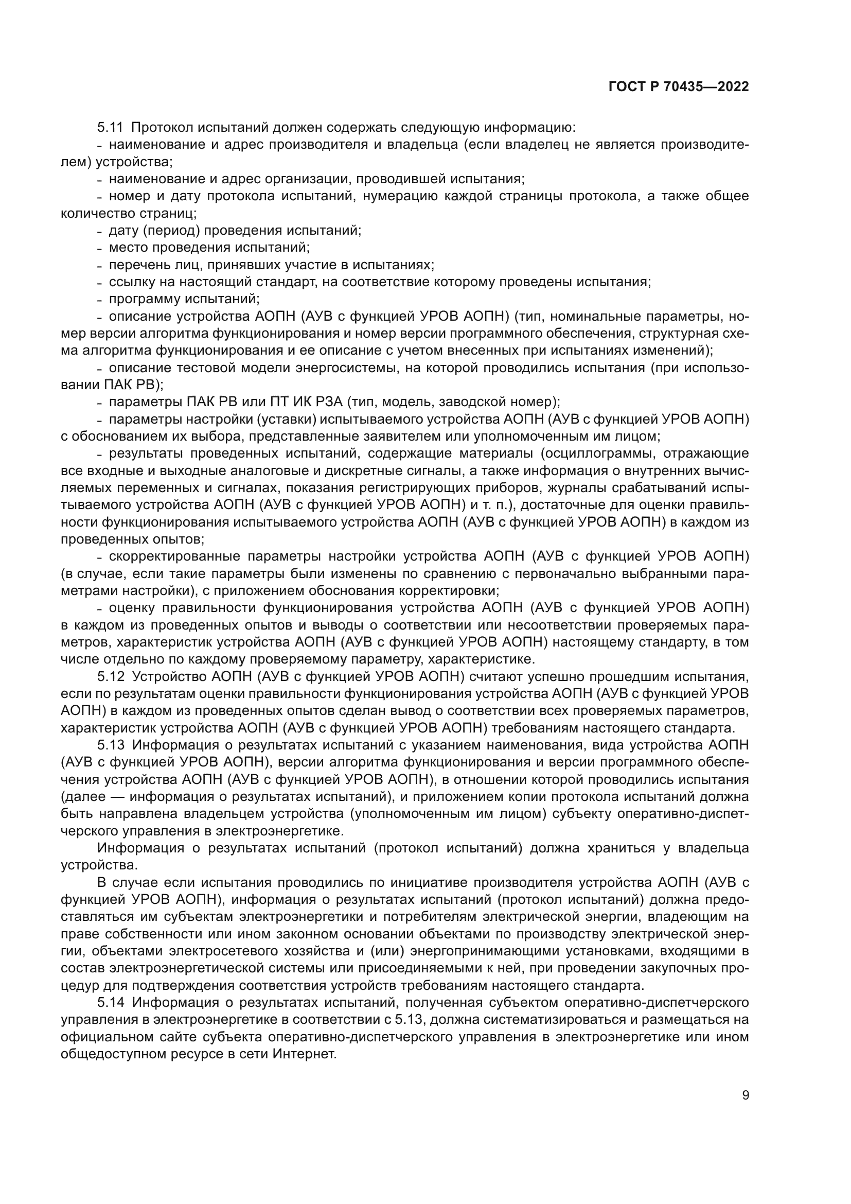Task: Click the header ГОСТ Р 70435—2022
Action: click(x=679, y=87)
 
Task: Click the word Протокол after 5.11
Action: click(x=162, y=128)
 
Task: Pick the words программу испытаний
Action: click(x=184, y=299)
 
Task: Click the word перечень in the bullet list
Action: click(x=134, y=265)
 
